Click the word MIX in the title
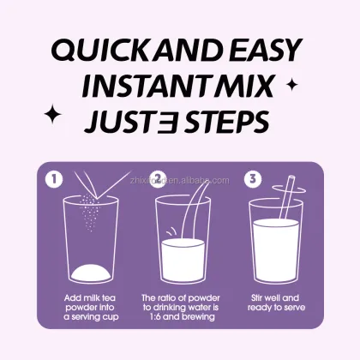[243, 86]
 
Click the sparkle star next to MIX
[292, 85]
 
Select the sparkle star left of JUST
[52, 114]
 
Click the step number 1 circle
[54, 179]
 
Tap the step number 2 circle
[159, 179]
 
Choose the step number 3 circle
[253, 179]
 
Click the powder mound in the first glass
[91, 273]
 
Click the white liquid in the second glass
[183, 261]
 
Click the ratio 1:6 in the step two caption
[156, 316]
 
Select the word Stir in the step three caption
[257, 298]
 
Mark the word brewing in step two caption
[200, 317]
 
